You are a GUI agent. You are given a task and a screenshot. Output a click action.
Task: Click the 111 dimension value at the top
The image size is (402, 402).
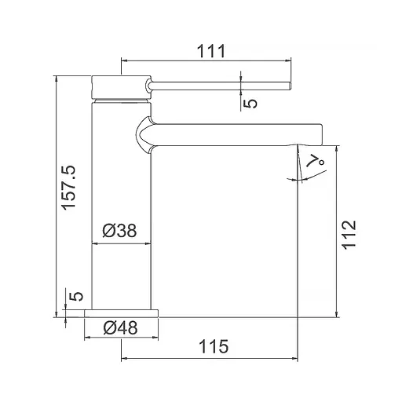[210, 51]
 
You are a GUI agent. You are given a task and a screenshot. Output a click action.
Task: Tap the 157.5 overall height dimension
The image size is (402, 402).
[69, 188]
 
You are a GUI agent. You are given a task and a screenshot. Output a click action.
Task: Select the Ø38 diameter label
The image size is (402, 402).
[119, 231]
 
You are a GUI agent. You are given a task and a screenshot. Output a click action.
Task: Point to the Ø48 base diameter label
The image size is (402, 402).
[120, 327]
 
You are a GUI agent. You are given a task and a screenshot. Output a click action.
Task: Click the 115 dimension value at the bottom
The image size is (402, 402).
[214, 346]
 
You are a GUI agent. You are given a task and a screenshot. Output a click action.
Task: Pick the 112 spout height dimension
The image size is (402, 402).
[349, 235]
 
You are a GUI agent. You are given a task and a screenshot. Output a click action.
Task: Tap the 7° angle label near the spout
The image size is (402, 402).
[316, 160]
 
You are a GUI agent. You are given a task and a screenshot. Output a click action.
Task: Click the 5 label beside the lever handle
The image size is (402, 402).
[250, 103]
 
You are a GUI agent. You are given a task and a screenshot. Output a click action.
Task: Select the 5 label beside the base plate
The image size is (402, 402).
[76, 296]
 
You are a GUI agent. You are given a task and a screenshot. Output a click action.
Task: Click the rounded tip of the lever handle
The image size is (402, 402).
[290, 86]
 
